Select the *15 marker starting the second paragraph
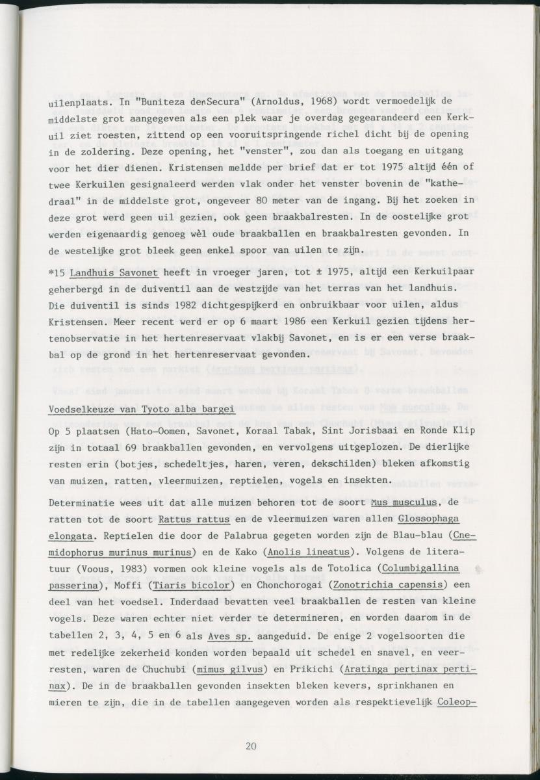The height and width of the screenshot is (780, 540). click(x=57, y=270)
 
